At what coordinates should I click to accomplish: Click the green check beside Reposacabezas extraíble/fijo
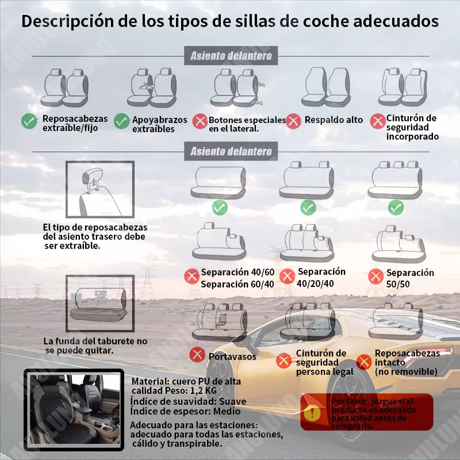(29, 121)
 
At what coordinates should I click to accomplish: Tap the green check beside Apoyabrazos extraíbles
(122, 121)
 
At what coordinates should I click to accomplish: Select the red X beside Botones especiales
(200, 121)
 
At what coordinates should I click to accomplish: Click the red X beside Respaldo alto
(294, 121)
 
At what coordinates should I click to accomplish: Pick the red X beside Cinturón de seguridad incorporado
(378, 121)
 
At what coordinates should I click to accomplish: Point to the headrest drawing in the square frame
(99, 190)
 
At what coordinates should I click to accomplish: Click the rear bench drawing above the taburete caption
(99, 304)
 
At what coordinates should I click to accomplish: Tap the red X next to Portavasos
(198, 355)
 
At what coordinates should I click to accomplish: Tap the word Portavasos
(232, 356)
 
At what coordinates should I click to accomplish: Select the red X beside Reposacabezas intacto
(363, 362)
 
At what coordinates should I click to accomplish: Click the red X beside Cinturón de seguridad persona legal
(283, 361)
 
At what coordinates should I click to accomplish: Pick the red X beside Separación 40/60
(191, 277)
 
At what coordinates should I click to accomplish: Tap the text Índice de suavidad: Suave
(188, 401)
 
